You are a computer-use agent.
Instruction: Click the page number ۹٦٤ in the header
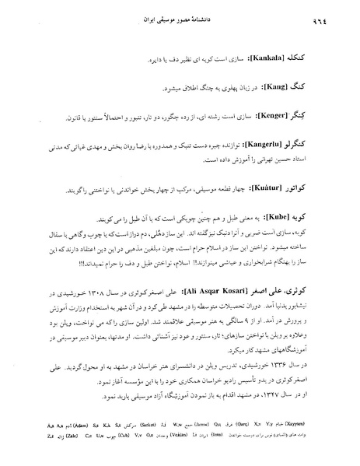tap(338, 17)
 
